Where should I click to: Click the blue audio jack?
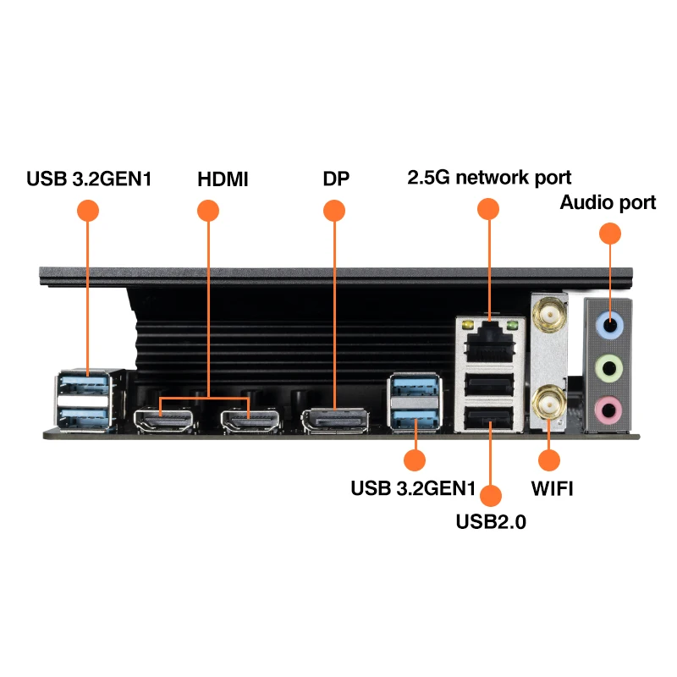609,325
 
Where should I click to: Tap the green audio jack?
609,368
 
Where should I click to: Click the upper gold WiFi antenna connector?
549,315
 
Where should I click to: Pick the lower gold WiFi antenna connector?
548,404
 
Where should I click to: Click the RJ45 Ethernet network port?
490,344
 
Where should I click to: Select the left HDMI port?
163,420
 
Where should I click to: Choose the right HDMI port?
250,421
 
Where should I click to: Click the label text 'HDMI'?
223,179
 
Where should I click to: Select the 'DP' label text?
336,179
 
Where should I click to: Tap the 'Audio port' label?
608,202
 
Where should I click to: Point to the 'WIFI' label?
553,489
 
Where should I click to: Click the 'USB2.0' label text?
491,521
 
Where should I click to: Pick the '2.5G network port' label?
489,178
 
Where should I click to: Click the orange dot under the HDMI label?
208,211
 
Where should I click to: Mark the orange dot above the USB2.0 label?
491,496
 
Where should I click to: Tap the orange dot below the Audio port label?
610,234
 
